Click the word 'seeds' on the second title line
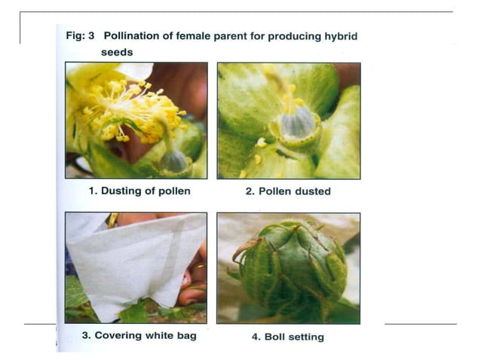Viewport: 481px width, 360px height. pos(117,52)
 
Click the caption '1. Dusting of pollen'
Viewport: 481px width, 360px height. pos(139,191)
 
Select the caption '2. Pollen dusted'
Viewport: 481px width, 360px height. pos(288,191)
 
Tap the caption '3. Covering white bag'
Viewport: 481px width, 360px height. pos(139,335)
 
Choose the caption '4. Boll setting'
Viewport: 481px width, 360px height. pos(288,337)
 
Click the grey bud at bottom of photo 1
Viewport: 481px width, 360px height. pos(173,160)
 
